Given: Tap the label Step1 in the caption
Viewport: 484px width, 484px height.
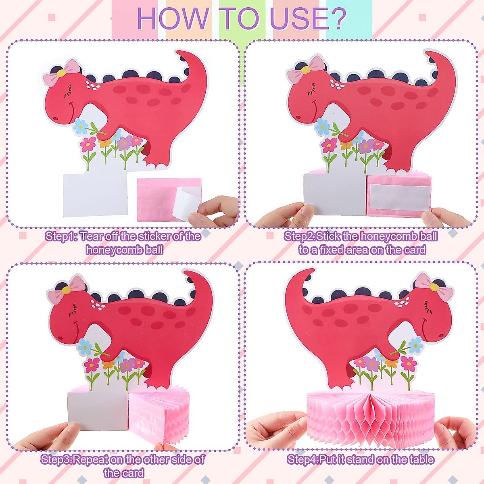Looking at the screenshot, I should [x=60, y=236].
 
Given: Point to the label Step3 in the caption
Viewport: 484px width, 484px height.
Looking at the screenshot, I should [x=56, y=459].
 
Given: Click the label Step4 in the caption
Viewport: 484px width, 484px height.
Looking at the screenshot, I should [x=302, y=459].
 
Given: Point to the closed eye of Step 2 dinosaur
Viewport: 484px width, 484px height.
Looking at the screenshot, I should [x=312, y=91].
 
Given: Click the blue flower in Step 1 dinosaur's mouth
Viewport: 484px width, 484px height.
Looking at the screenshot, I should [x=80, y=126].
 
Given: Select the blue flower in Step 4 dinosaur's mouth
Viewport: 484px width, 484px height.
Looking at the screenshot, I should [x=415, y=344].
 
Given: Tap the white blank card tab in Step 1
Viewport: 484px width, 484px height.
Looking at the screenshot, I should [x=96, y=194].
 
